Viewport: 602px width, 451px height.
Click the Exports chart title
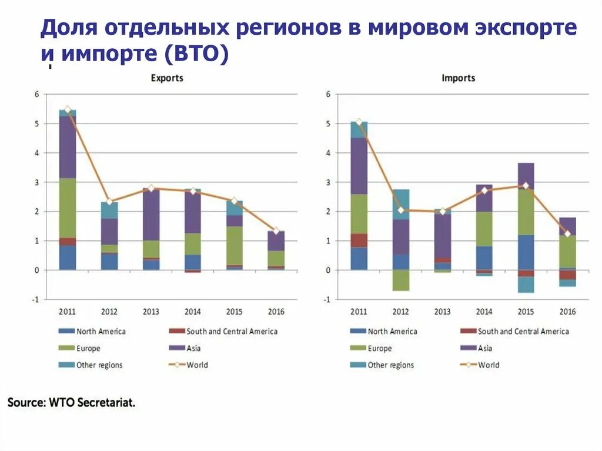point(167,78)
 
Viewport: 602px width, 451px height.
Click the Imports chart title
point(458,78)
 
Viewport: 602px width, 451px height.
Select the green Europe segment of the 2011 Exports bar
point(68,208)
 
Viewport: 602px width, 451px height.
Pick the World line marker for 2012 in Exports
point(109,201)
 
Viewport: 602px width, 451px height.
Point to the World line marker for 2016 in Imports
point(567,234)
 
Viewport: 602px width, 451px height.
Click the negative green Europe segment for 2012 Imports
point(400,280)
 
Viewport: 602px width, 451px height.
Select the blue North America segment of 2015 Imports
point(526,252)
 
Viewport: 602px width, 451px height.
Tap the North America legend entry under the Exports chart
point(101,332)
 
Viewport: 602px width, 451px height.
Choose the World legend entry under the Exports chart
point(197,365)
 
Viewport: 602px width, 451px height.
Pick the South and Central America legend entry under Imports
point(523,332)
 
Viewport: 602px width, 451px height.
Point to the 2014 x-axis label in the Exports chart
point(193,311)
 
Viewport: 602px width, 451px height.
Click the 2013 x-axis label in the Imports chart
point(442,311)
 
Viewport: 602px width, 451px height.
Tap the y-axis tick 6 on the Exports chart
point(36,94)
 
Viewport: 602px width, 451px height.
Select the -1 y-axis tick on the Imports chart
point(327,299)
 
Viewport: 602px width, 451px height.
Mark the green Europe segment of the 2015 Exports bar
point(235,246)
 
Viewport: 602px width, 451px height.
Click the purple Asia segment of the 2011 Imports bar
point(359,166)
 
